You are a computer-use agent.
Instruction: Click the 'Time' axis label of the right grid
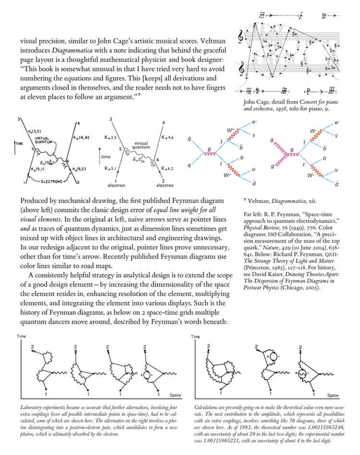[x=195, y=337]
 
